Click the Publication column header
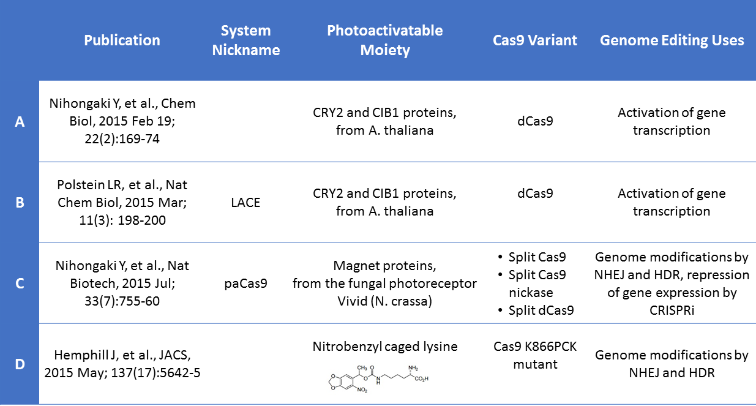pyautogui.click(x=122, y=40)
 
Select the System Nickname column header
pyautogui.click(x=245, y=40)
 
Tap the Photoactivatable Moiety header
pyautogui.click(x=385, y=40)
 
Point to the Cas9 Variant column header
pyautogui.click(x=535, y=40)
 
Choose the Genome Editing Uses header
pyautogui.click(x=672, y=40)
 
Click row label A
pyautogui.click(x=20, y=121)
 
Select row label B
pyautogui.click(x=20, y=203)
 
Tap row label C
pyautogui.click(x=20, y=284)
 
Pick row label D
pyautogui.click(x=20, y=364)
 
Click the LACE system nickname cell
pyautogui.click(x=245, y=203)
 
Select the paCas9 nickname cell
pyautogui.click(x=245, y=284)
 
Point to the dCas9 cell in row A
pyautogui.click(x=535, y=121)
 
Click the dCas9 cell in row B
pyautogui.click(x=535, y=194)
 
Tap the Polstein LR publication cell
pyautogui.click(x=122, y=203)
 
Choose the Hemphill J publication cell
pyautogui.click(x=122, y=364)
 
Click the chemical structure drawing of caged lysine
pyautogui.click(x=378, y=378)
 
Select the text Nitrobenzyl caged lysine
pyautogui.click(x=385, y=347)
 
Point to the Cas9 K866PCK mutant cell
pyautogui.click(x=535, y=355)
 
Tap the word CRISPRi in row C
pyautogui.click(x=672, y=310)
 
